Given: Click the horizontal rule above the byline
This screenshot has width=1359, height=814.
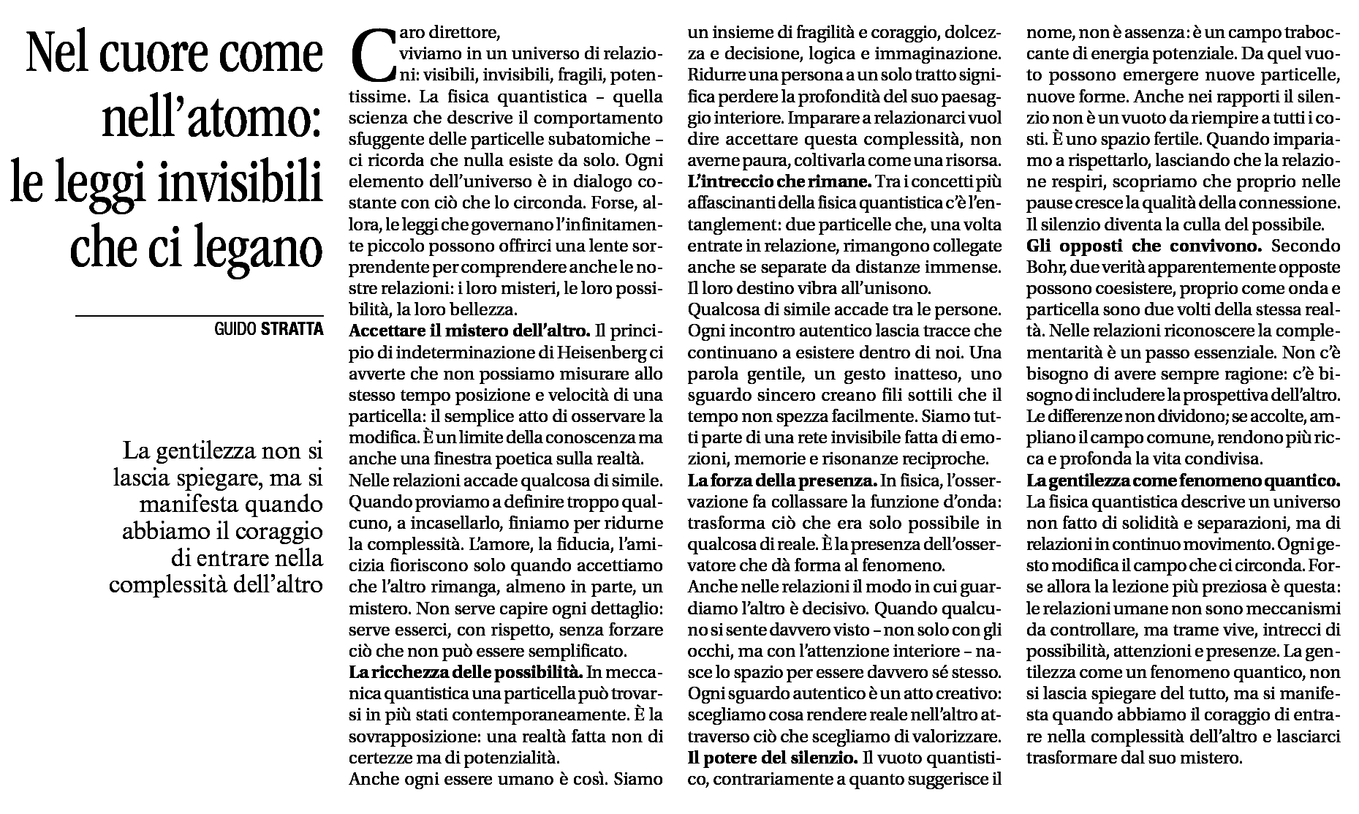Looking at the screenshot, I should click(x=199, y=315).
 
